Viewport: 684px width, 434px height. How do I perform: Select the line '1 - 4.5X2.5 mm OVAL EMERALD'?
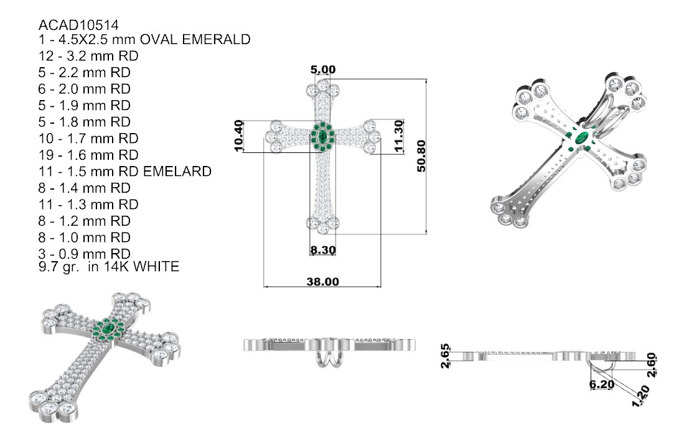[144, 40]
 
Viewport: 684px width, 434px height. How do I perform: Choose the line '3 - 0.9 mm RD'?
[84, 254]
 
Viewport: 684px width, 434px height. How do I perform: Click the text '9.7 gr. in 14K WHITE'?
[109, 267]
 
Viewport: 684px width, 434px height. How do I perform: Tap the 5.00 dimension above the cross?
[322, 70]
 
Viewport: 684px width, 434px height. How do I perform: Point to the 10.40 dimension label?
[238, 136]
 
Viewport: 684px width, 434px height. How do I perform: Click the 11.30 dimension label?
[399, 136]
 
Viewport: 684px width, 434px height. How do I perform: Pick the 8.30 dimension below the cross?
[323, 250]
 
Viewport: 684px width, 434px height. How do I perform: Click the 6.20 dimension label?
[602, 384]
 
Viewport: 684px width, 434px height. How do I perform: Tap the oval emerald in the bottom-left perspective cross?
[109, 326]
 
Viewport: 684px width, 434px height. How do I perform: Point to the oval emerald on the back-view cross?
[582, 138]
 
